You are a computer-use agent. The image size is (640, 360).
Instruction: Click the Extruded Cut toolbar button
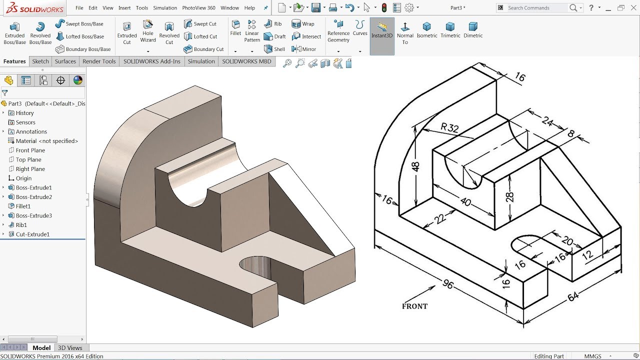(x=127, y=32)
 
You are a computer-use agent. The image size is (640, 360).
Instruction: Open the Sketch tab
(x=40, y=61)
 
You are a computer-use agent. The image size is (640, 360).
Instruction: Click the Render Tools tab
(x=99, y=61)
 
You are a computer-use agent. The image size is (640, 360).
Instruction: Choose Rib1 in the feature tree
(x=21, y=225)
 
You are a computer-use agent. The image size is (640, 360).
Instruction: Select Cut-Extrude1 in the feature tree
(x=32, y=234)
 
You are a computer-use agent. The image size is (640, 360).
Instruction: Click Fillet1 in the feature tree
(x=23, y=206)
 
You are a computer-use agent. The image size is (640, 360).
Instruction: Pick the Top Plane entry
(x=28, y=159)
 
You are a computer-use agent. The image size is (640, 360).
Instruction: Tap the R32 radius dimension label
(x=449, y=127)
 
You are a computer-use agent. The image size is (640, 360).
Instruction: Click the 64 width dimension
(x=573, y=296)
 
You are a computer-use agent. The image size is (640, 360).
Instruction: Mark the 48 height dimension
(x=415, y=166)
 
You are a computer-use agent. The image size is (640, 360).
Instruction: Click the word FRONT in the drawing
(x=414, y=306)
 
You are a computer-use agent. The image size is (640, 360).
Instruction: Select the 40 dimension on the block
(x=465, y=202)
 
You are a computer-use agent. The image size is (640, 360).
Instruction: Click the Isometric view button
(x=426, y=30)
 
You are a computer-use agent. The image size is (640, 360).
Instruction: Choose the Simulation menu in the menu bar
(x=165, y=8)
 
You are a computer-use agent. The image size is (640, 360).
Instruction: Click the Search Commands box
(x=537, y=8)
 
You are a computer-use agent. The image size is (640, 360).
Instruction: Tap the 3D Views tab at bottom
(x=70, y=348)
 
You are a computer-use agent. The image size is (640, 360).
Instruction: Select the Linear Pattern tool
(x=252, y=31)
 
